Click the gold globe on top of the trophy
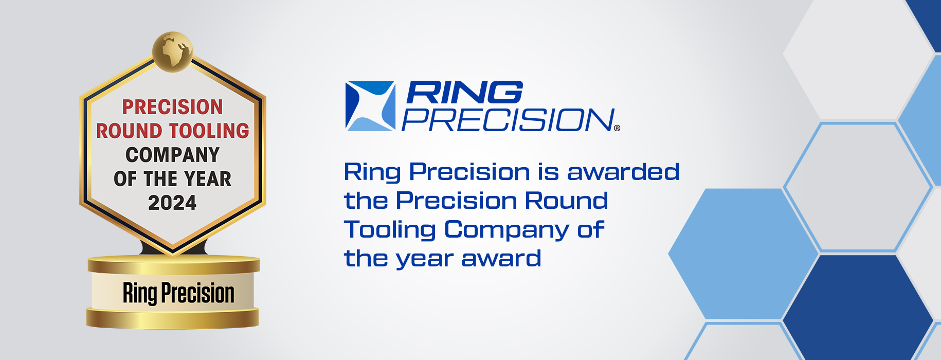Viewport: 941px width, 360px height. [x=173, y=51]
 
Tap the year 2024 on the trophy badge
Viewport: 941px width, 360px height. [x=172, y=203]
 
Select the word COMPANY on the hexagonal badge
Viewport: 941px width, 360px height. [x=173, y=155]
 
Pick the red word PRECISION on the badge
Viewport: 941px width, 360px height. [x=173, y=107]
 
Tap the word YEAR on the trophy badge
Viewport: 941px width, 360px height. [x=207, y=179]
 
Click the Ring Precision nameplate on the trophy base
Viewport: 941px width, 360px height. [x=178, y=293]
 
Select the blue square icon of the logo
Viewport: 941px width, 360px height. [x=370, y=106]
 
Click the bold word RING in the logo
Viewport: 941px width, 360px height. [x=464, y=93]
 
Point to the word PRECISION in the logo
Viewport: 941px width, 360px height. [x=508, y=120]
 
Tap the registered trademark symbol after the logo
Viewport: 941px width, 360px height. [x=617, y=128]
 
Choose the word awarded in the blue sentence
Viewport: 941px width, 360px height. [x=623, y=172]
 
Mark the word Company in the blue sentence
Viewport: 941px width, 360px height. [x=506, y=229]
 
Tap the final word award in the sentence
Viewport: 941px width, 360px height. [x=501, y=258]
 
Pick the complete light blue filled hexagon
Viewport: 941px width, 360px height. [x=744, y=254]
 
